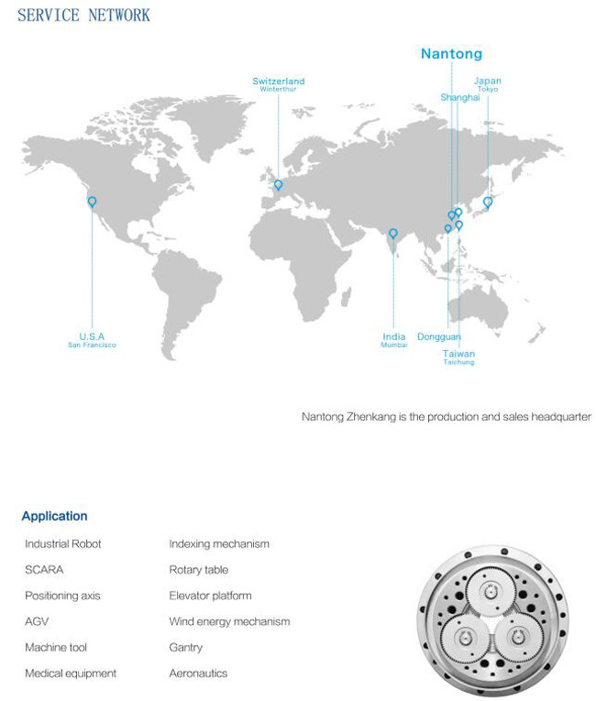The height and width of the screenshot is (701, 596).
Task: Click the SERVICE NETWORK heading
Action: pos(83,16)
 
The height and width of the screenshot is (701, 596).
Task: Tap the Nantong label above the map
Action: pos(451,54)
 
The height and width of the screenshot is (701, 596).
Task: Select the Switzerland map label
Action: pos(279,82)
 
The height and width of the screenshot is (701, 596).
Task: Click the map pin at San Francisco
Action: pos(92,202)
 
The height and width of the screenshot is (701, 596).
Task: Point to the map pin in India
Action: pos(393,234)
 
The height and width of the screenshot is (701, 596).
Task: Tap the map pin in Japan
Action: pos(488,202)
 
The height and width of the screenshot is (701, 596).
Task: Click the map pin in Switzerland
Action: pos(278,184)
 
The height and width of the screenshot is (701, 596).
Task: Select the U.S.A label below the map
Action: pos(92,336)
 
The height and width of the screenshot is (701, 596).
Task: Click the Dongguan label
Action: pos(439,337)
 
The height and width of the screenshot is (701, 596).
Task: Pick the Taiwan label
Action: pos(458,354)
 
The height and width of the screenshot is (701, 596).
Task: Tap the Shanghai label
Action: pos(459,97)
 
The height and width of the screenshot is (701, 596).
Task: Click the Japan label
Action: pos(488,81)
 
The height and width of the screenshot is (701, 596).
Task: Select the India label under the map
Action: pos(394,336)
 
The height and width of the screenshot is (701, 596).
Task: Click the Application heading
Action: pos(55,516)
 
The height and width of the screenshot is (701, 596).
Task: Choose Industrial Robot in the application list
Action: pos(63,544)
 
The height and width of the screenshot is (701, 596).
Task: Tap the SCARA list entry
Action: pos(44,570)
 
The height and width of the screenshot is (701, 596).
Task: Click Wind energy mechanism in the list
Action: pos(229,621)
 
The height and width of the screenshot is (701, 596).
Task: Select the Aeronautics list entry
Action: pos(198,674)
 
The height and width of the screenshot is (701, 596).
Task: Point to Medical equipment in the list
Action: pos(71,674)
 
